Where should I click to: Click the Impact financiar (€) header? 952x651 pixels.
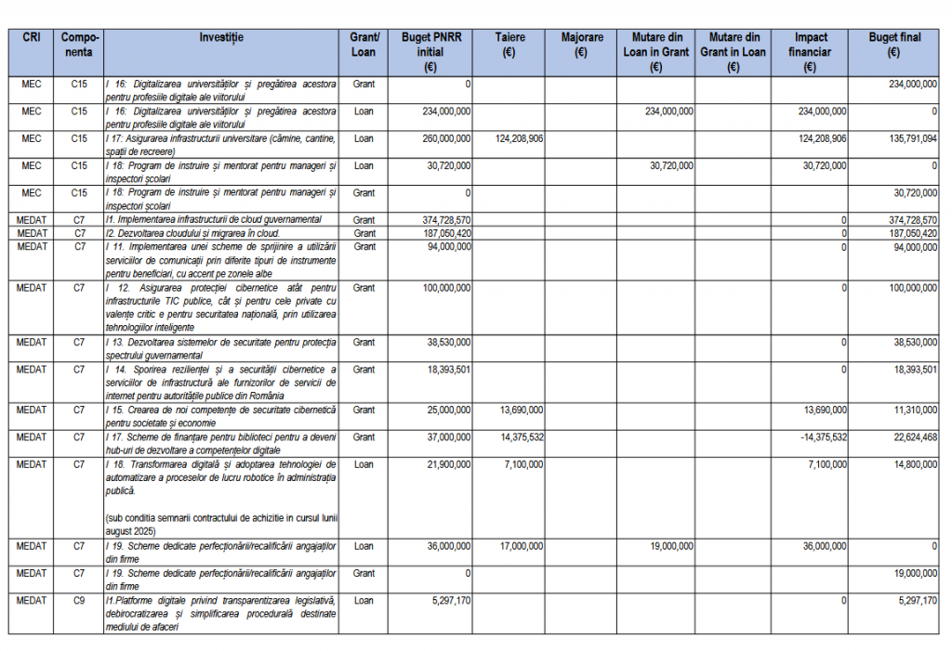tap(809, 52)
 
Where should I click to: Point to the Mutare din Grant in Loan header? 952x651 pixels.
tap(733, 52)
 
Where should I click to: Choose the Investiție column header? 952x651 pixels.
tap(221, 37)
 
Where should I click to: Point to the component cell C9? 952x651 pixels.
tap(79, 600)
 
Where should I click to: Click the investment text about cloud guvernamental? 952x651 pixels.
tap(214, 219)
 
